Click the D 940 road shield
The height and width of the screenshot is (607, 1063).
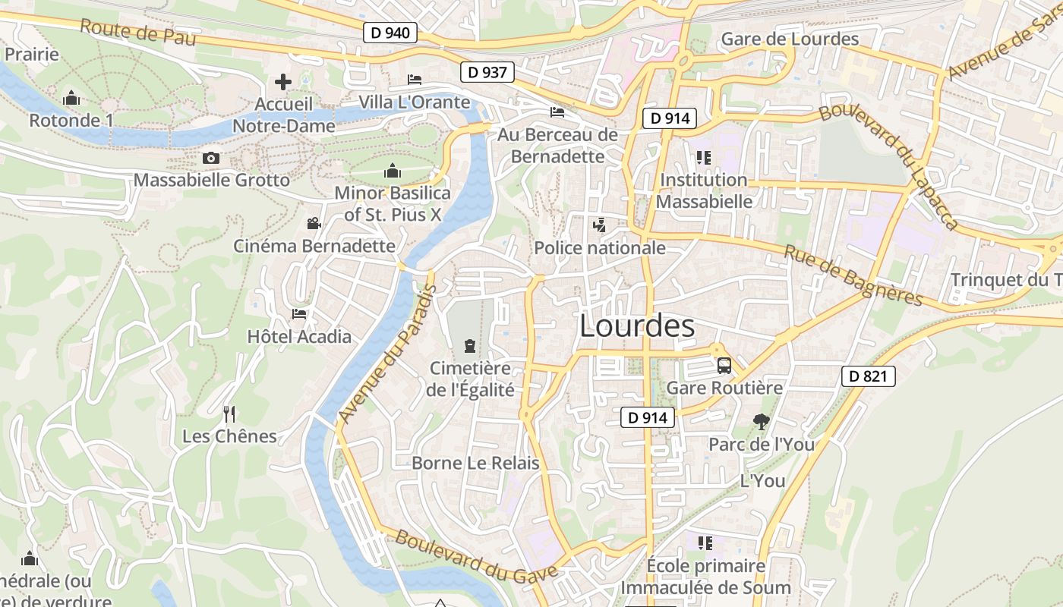coord(390,33)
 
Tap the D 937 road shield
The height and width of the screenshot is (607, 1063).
coord(487,73)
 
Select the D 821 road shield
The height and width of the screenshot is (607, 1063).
coord(868,376)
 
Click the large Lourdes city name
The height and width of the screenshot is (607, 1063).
coord(636,326)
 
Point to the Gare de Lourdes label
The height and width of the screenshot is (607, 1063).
coord(790,39)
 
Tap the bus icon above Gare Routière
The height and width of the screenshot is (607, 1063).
coord(724,366)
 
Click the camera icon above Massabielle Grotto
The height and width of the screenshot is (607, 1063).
coord(211,158)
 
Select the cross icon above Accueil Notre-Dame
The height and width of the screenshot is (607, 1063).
coord(283,81)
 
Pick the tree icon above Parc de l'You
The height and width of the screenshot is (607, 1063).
coord(761,422)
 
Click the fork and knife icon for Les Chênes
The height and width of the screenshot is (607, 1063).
coord(229,414)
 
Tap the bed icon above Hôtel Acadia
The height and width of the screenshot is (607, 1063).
coord(299,314)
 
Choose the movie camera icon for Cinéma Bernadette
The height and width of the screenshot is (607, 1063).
coord(314,223)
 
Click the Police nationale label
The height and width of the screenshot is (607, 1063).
coord(600,248)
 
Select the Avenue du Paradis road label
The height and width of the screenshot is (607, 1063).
coord(386,354)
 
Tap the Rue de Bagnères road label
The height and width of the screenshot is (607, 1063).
coord(853,275)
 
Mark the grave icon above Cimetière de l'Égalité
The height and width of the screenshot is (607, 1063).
coord(470,347)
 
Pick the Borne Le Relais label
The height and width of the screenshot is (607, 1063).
coord(475,463)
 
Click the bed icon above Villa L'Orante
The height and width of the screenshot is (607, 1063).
coord(415,80)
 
